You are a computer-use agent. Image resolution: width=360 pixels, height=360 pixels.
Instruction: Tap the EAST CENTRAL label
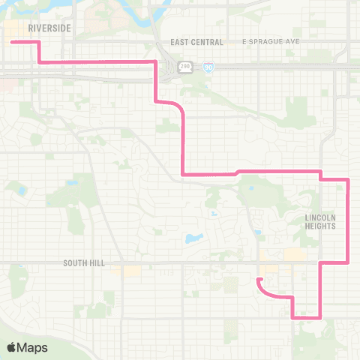[x=193, y=42]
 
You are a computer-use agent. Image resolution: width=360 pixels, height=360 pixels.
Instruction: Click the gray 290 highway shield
[x=184, y=67]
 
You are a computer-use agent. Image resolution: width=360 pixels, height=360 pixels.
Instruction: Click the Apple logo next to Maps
[x=13, y=347]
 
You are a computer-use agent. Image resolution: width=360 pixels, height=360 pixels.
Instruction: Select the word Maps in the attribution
[x=34, y=347]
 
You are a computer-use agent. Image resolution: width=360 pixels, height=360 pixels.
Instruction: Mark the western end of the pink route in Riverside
[x=12, y=43]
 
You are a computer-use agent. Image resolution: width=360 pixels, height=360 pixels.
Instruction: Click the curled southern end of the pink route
[x=258, y=280]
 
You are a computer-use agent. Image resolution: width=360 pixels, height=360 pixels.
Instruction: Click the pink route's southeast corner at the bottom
[x=321, y=317]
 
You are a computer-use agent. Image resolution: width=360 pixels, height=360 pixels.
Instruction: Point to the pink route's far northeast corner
[x=349, y=179]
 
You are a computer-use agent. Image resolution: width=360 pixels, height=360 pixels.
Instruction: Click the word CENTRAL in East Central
[x=202, y=42]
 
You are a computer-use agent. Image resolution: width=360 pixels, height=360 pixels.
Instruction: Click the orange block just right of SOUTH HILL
[x=131, y=270]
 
